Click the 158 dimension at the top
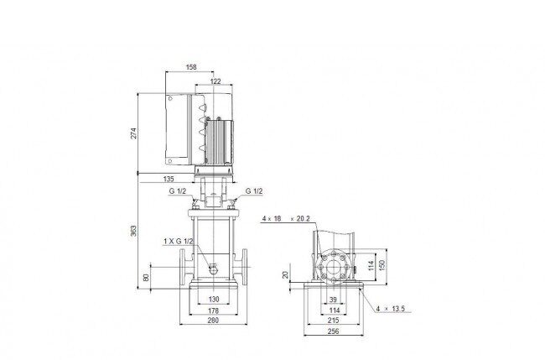191,67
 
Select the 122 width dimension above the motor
215,81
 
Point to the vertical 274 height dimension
133,133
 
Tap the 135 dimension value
169,179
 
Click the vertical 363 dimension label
133,231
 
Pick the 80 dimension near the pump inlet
146,277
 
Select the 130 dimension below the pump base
214,299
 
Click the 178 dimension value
214,310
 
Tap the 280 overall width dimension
213,321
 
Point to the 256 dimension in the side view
334,331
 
